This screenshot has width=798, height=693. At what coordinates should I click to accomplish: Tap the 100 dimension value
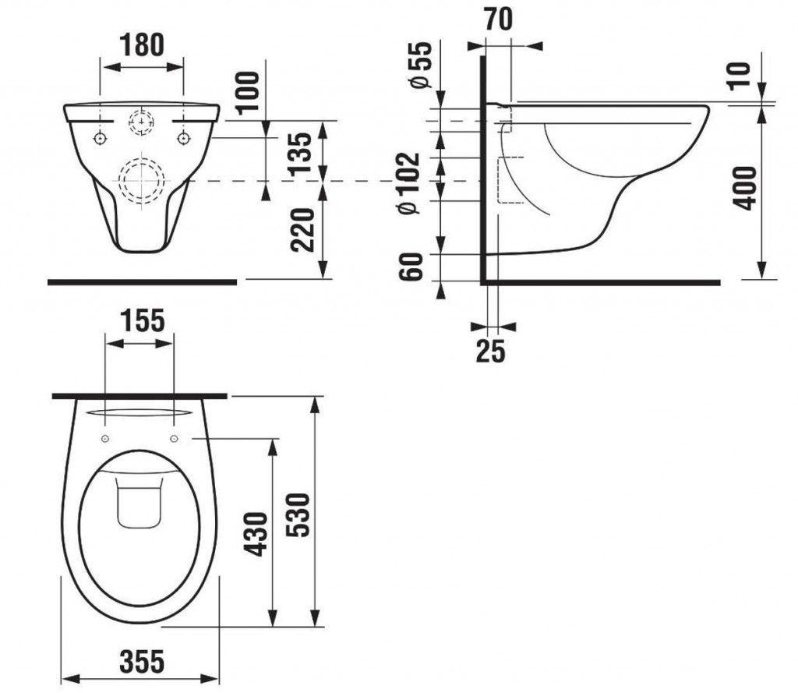pos(248,93)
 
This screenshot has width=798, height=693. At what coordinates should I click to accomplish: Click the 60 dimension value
pos(415,267)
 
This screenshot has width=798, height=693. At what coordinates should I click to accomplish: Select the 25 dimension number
pos(490,352)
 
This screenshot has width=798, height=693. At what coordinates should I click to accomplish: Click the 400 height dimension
pos(746,187)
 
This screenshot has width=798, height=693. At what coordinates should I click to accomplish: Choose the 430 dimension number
pos(258,534)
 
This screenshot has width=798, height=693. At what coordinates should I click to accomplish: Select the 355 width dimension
pos(142,662)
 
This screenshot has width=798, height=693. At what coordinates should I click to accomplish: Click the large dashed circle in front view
pos(141,181)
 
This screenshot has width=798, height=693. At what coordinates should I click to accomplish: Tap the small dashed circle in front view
pos(141,123)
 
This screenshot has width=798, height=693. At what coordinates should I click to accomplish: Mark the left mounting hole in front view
pos(101,138)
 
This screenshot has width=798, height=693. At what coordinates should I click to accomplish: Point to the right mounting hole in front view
pos(183,138)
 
